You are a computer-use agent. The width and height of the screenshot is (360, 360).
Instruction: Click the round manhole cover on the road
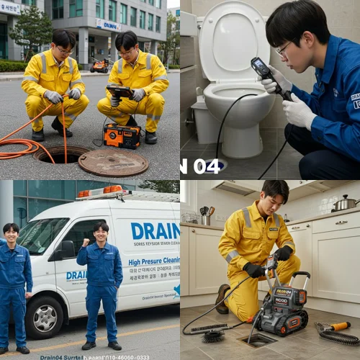tap(112, 163)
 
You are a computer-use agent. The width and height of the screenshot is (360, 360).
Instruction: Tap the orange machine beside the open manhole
tap(122, 135)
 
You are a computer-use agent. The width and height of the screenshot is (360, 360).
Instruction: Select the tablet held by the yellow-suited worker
tap(120, 91)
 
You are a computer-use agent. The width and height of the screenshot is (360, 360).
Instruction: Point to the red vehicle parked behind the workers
tap(99, 66)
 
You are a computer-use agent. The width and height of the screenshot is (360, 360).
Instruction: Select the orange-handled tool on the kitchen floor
tap(335, 327)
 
